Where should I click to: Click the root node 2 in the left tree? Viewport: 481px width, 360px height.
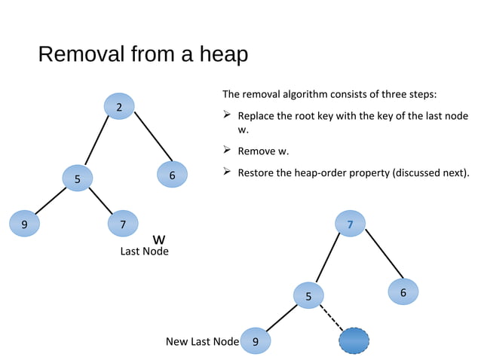pyautogui.click(x=119, y=107)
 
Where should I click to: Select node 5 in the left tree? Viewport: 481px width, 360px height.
pyautogui.click(x=76, y=178)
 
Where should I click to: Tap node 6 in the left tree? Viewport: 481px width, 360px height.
pyautogui.click(x=173, y=175)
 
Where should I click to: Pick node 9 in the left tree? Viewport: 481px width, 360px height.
pyautogui.click(x=24, y=224)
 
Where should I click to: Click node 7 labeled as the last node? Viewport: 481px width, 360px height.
pyautogui.click(x=123, y=223)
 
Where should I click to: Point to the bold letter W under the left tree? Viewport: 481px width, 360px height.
pyautogui.click(x=159, y=239)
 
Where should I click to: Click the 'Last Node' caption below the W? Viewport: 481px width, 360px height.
pyautogui.click(x=144, y=252)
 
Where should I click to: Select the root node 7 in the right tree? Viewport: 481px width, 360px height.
pyautogui.click(x=350, y=224)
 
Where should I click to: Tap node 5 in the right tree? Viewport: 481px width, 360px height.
pyautogui.click(x=308, y=295)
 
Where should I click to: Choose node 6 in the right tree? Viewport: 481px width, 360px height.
pyautogui.click(x=403, y=292)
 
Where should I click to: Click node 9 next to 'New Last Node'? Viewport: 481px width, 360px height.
pyautogui.click(x=256, y=342)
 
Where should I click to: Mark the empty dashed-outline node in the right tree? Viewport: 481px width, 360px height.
pyautogui.click(x=354, y=341)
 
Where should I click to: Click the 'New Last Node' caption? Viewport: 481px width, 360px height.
pyautogui.click(x=202, y=342)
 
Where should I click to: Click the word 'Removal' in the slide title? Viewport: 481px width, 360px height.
pyautogui.click(x=79, y=55)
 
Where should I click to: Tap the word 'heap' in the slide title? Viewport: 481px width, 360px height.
pyautogui.click(x=222, y=55)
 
